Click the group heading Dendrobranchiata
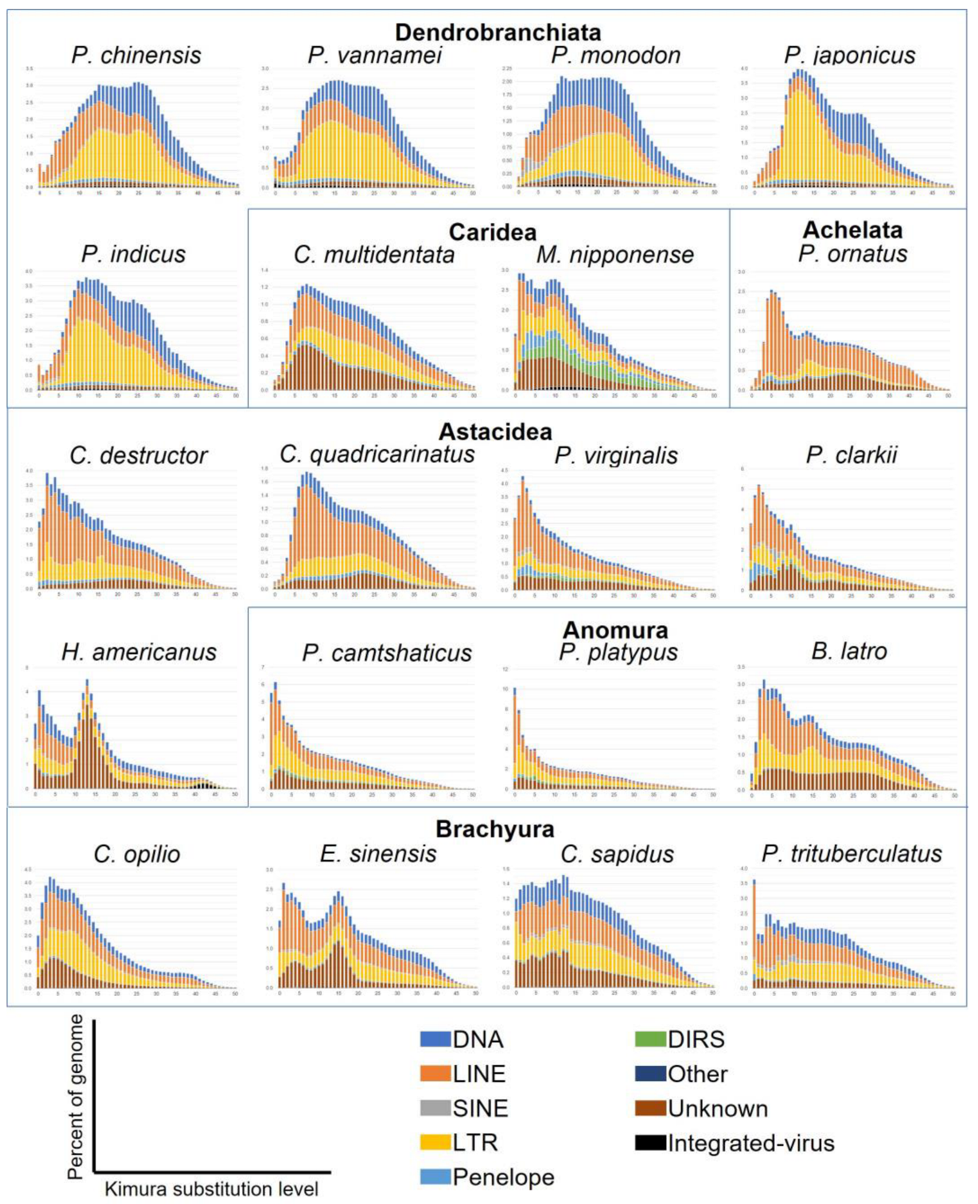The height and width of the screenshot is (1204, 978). click(x=497, y=32)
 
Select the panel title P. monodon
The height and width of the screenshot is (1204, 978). click(x=616, y=55)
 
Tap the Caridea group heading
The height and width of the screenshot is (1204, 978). click(x=492, y=232)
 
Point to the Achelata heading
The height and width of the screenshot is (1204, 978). click(x=852, y=230)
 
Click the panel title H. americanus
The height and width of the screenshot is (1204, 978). click(x=139, y=652)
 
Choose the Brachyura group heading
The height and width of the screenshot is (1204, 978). click(x=495, y=829)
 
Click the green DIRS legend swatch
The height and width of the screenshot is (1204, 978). click(x=650, y=1039)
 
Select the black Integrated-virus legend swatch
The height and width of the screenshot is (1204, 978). click(x=650, y=1143)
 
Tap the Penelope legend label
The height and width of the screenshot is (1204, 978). click(x=503, y=1177)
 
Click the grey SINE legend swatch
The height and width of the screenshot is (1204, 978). click(x=435, y=1108)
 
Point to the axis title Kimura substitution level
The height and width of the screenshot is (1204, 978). click(x=211, y=1188)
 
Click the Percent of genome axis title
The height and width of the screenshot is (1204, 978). click(x=76, y=1097)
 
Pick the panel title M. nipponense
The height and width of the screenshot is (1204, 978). click(x=615, y=255)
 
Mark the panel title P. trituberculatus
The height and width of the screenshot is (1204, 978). click(x=851, y=853)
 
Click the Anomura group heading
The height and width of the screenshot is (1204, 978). click(x=615, y=630)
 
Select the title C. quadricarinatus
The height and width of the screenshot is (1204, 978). click(x=377, y=454)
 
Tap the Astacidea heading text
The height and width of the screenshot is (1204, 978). click(x=495, y=431)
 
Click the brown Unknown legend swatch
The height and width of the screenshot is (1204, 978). click(x=650, y=1108)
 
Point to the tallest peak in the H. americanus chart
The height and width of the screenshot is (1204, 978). click(x=87, y=682)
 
